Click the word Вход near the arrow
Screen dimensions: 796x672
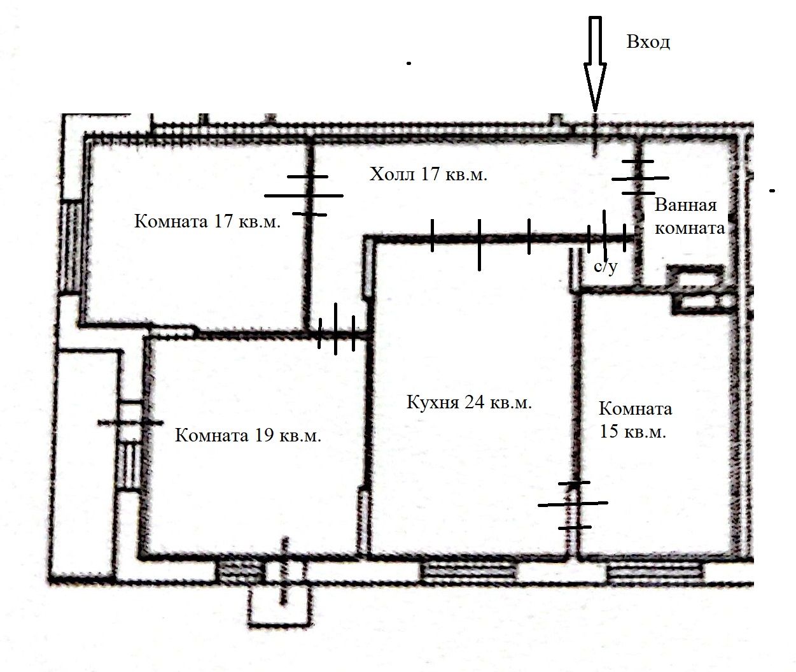pos(648,42)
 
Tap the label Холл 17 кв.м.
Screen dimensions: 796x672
pos(428,175)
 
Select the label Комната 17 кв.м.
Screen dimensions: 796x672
pos(207,221)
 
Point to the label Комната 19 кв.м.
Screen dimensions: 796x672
pos(248,435)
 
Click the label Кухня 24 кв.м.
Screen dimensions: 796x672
pos(469,402)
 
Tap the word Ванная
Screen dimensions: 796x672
pos(685,205)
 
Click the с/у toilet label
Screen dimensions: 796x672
pos(605,267)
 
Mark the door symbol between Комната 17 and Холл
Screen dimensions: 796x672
pos(304,196)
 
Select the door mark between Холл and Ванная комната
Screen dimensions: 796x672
pos(640,178)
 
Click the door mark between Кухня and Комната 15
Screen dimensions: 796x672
pos(574,506)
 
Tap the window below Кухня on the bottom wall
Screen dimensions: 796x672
pos(469,571)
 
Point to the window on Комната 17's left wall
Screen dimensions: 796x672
pos(71,247)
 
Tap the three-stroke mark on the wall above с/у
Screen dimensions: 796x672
pos(606,236)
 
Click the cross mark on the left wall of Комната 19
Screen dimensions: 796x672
pos(130,422)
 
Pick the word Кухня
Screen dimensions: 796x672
pos(433,403)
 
